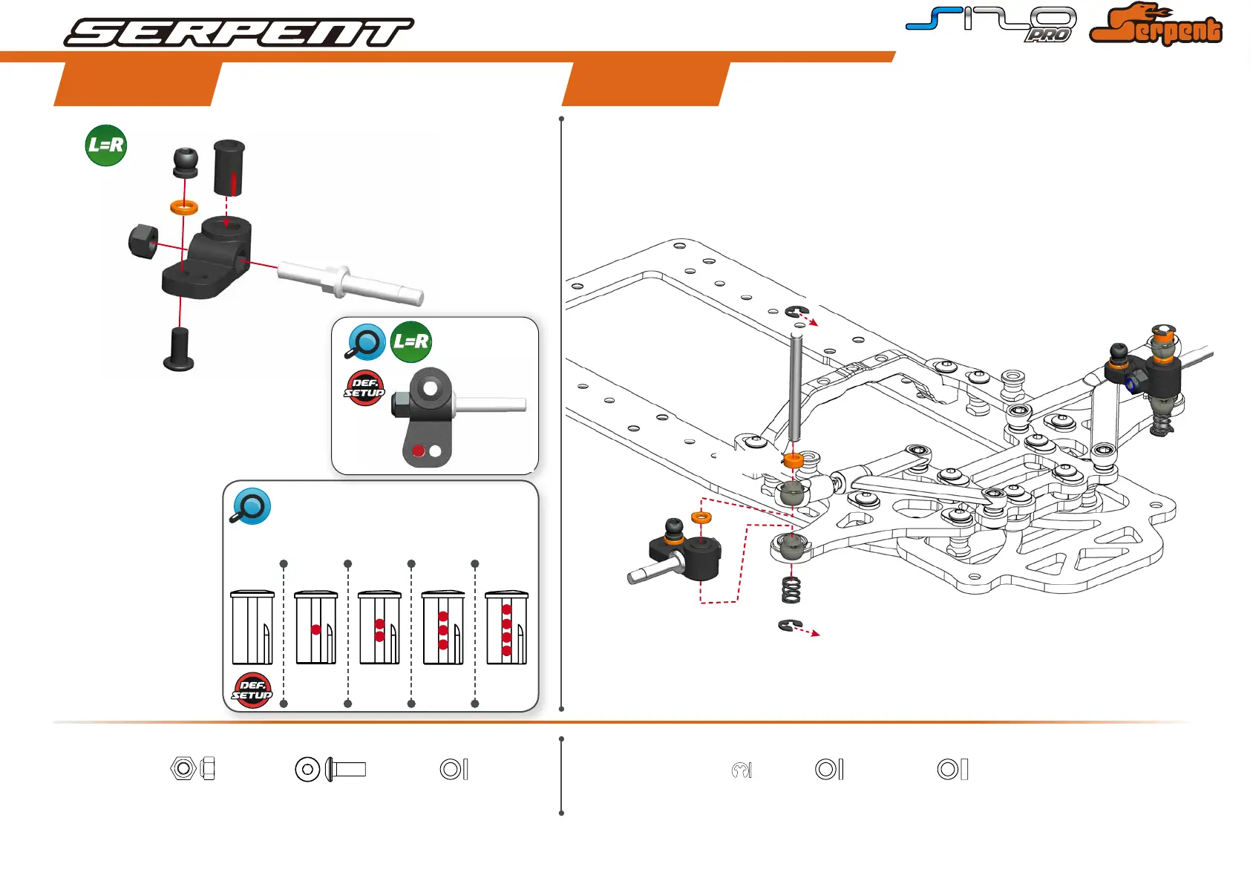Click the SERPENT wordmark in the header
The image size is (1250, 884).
[x=239, y=33]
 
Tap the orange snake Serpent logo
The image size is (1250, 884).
[x=1155, y=26]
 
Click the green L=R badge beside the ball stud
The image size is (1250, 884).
[x=106, y=145]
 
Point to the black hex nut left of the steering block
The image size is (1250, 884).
[x=143, y=241]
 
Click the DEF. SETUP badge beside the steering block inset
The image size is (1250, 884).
[x=364, y=387]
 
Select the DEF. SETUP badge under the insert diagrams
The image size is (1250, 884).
[x=252, y=690]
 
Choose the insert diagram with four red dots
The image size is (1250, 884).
[x=506, y=628]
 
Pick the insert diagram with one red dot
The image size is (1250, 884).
[x=316, y=628]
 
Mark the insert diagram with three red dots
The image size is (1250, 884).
[x=443, y=628]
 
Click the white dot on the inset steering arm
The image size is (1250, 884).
[x=435, y=451]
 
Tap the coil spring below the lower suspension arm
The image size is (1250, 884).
[x=791, y=590]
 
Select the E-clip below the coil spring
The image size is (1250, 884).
[x=788, y=626]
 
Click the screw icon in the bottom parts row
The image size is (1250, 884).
[x=346, y=769]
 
